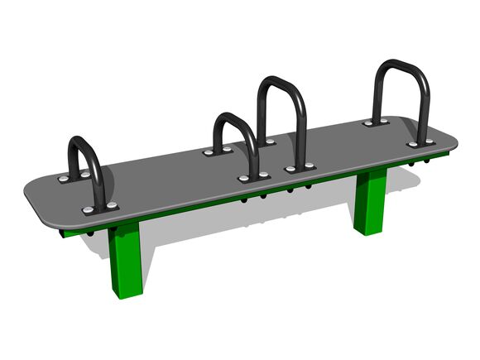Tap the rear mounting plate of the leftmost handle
pos(73,177)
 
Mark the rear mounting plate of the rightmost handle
pos(377,122)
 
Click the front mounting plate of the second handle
pos(254,177)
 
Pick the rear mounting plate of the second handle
pos(218,151)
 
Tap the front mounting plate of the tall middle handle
pos(300,168)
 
